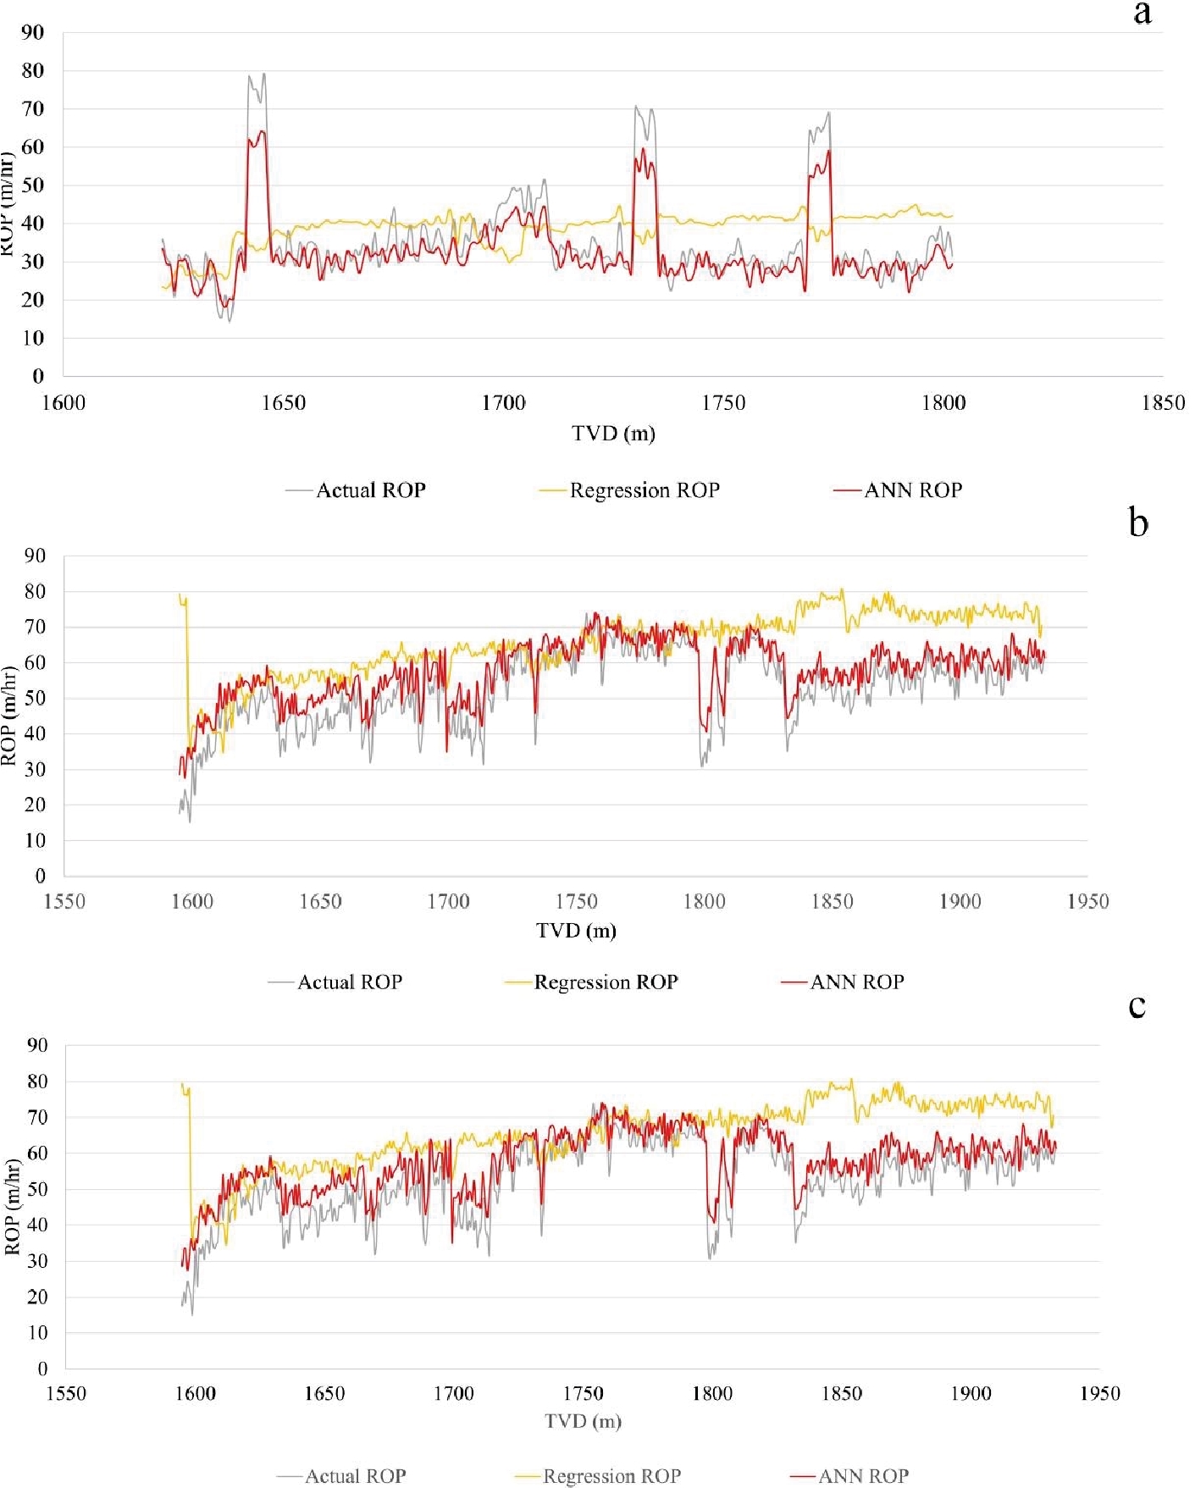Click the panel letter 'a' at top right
point(1142,14)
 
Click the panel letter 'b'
point(1138,523)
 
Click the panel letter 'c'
point(1137,1006)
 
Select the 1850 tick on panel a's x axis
point(1163,403)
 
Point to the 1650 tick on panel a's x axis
point(283,403)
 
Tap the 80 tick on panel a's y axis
point(33,71)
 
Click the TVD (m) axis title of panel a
point(613,434)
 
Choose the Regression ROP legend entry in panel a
point(644,490)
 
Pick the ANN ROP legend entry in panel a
point(912,490)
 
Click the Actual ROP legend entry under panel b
point(349,982)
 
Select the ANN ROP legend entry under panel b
point(856,982)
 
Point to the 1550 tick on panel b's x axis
point(64,902)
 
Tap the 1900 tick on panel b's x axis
point(960,902)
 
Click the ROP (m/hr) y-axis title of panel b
point(9,716)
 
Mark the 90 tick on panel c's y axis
point(36,1045)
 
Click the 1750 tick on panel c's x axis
point(583,1394)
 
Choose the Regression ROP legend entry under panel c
point(611,1476)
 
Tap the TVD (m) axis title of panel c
point(583,1421)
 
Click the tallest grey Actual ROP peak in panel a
point(263,74)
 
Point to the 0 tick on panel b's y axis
point(40,877)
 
